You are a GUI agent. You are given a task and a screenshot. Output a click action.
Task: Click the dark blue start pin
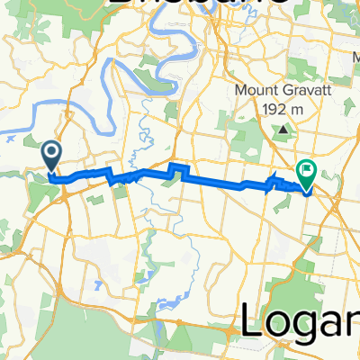[x=52, y=155]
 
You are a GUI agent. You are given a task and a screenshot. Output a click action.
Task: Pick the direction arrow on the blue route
[x=275, y=180]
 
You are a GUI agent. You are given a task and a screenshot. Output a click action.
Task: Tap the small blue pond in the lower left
[x=94, y=288]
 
